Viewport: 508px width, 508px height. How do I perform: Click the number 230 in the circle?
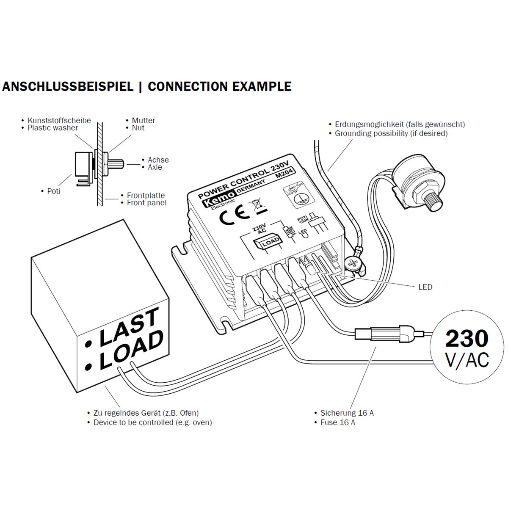[467, 338]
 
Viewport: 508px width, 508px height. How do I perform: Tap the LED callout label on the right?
[425, 287]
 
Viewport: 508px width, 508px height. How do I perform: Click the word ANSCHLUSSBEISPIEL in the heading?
[68, 87]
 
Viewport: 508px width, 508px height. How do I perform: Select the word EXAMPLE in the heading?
[262, 87]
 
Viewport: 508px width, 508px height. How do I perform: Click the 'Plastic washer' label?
[52, 128]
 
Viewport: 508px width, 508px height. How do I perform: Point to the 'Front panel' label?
[146, 203]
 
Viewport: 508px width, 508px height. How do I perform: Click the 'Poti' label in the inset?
[53, 191]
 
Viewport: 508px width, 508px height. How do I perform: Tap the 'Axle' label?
[155, 167]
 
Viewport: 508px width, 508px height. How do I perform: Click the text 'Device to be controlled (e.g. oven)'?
[152, 422]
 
